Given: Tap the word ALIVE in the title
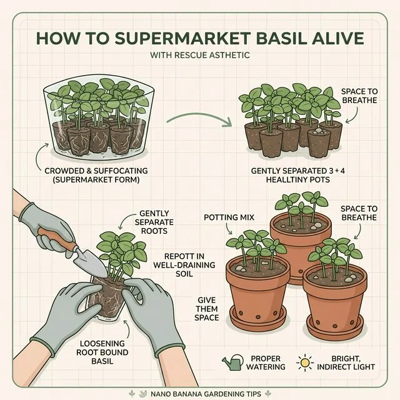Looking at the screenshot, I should coord(337,37).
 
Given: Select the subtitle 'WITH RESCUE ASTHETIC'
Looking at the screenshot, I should coord(200,56).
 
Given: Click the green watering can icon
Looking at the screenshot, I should coord(232,362).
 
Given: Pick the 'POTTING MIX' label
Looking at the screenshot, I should coord(223,217).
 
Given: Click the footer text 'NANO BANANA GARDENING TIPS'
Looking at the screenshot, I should coord(200,393).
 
